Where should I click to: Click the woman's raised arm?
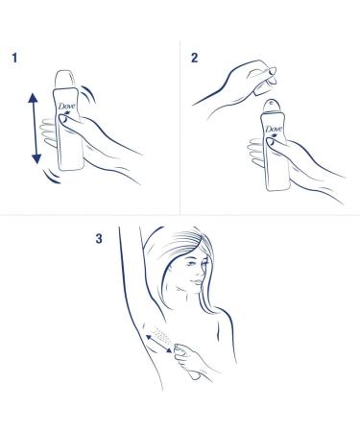click(127, 288)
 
